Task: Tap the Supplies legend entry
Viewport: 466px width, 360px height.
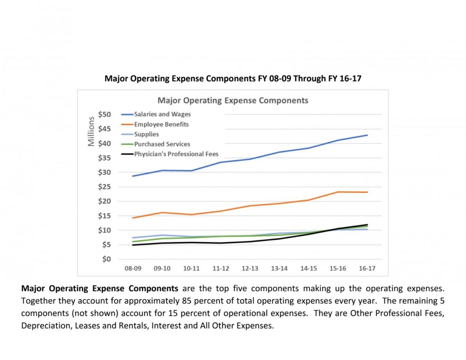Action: coord(146,134)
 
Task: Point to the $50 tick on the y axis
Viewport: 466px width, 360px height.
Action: coord(105,114)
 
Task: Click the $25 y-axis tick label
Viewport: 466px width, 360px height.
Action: coord(105,187)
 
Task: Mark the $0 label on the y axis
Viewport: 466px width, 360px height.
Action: coord(106,259)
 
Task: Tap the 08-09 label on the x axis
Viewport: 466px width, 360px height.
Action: coord(133,269)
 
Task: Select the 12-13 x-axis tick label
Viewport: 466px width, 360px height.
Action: coord(250,269)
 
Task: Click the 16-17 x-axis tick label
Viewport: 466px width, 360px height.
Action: coord(367,269)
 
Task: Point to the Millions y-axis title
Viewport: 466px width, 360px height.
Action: coord(91,132)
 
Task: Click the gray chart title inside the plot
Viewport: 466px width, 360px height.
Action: coord(233,100)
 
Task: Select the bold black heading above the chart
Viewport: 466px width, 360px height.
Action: coord(233,78)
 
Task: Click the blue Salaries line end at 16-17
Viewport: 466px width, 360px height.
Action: coord(367,135)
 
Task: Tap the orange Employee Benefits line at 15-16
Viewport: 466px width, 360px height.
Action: coord(338,192)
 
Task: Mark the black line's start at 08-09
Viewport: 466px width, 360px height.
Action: coord(133,245)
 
